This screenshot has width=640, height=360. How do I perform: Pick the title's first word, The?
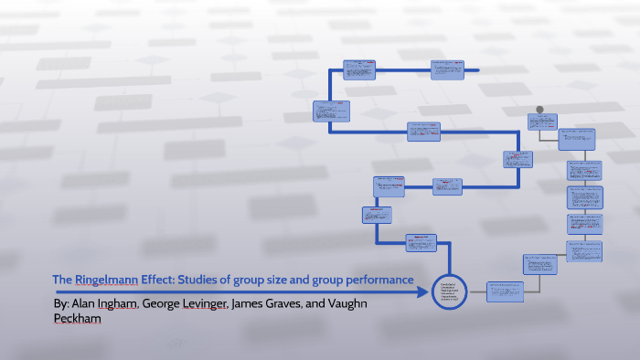click(x=61, y=279)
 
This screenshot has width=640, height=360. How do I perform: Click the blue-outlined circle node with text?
click(x=449, y=291)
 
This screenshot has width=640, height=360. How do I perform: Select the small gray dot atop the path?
click(x=539, y=110)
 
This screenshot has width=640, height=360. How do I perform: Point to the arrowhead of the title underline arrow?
click(x=423, y=292)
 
